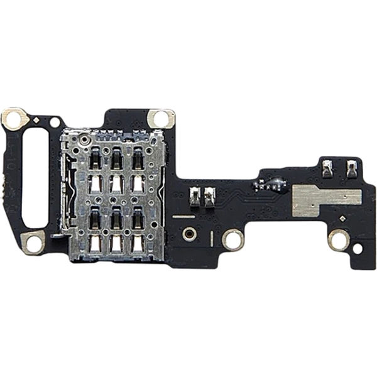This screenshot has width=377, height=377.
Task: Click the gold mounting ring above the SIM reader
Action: pos(161,118)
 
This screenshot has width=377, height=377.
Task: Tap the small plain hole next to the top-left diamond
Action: pos(55,122)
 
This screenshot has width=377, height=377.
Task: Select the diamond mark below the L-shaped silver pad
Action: pos(342,219)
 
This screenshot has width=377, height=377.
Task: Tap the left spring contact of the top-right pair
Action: pos(327,167)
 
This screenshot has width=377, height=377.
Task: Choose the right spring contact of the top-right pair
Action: pos(351,167)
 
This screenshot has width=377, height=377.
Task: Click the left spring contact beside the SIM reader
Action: pos(195,197)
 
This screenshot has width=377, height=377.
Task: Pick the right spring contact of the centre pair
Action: pos(210,197)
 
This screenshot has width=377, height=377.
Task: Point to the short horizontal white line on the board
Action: pos(183,216)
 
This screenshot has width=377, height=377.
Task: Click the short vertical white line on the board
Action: pos(212,239)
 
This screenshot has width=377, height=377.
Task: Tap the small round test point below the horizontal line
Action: pos(188,234)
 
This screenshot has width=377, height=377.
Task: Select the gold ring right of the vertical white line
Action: pos(233,239)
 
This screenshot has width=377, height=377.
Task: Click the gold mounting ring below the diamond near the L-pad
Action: pos(339,239)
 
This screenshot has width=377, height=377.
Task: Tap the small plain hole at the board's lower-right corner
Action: pos(358,248)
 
